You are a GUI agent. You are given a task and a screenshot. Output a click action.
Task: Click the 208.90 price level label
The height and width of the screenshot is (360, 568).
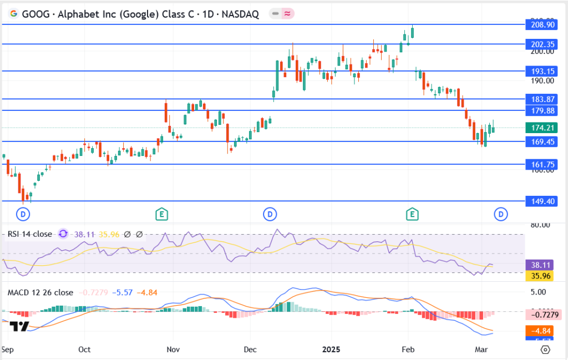tap(541, 25)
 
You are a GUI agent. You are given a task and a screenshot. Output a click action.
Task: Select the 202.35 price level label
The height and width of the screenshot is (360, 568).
tap(541, 44)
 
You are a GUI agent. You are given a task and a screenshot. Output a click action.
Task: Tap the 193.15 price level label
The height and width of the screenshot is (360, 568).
tap(541, 71)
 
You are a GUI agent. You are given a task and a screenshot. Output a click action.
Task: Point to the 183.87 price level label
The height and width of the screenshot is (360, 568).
tap(541, 99)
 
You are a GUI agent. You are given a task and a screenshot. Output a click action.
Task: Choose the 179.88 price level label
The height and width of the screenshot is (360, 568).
tap(541, 110)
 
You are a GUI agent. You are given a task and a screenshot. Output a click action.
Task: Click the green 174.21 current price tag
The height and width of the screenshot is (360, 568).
tap(541, 128)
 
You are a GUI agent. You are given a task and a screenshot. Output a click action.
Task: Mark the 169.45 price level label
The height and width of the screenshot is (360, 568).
tap(541, 141)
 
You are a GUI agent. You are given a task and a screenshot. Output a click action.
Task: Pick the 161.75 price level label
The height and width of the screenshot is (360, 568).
tap(541, 164)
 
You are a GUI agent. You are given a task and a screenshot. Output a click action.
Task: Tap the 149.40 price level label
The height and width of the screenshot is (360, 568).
tap(541, 201)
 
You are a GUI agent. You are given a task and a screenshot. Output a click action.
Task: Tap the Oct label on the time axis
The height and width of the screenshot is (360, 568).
tap(84, 350)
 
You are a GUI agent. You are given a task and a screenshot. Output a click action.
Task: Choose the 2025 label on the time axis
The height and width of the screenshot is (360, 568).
tap(332, 350)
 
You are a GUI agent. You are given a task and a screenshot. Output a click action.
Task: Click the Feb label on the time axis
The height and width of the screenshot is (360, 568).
tap(408, 350)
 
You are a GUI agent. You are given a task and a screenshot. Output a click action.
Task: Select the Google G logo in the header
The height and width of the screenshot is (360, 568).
tap(14, 14)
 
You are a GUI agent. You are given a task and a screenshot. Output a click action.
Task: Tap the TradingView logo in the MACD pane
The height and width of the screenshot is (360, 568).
tap(20, 326)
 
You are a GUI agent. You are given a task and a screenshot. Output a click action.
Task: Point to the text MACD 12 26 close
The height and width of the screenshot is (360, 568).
tap(40, 292)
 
